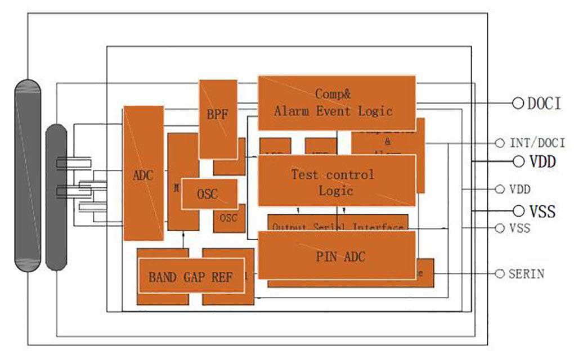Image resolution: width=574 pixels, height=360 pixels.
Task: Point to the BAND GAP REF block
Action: click(191, 277)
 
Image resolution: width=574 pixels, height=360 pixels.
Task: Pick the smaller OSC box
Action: click(229, 218)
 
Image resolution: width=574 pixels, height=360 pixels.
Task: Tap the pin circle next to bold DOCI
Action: click(518, 103)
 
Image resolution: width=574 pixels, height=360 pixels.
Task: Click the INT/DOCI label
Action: click(537, 143)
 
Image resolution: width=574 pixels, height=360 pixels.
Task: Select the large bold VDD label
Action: click(542, 162)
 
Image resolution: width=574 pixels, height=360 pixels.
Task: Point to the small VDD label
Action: click(519, 189)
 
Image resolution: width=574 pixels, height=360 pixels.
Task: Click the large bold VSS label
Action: click(542, 211)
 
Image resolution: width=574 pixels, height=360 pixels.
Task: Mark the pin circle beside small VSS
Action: click(500, 228)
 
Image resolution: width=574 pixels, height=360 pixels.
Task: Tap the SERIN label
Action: click(526, 274)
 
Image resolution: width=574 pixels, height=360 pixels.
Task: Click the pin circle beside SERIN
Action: click(500, 273)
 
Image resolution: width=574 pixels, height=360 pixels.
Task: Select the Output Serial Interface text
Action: click(338, 227)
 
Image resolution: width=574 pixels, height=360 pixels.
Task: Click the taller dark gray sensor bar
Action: click(28, 175)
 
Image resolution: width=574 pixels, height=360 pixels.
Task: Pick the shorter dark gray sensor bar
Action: click(56, 197)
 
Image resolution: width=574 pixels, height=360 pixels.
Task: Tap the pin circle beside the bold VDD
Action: click(518, 161)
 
